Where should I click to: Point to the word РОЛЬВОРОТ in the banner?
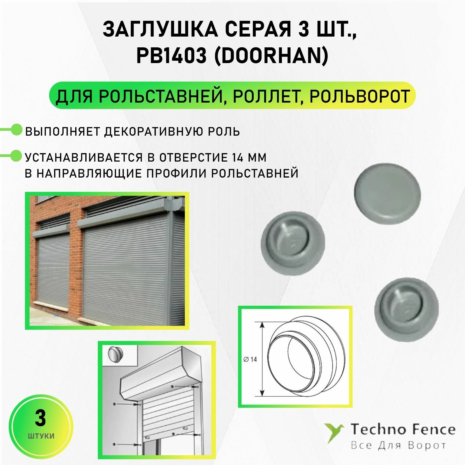pos(360,96)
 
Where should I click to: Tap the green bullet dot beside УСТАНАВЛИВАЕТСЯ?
pos(17,156)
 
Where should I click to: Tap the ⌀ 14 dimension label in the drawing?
pos(250,360)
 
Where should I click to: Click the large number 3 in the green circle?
pos(40,419)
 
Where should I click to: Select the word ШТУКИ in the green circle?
pos(41,436)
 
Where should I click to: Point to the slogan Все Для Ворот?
pos(398,445)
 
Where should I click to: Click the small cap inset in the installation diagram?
pos(115,355)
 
